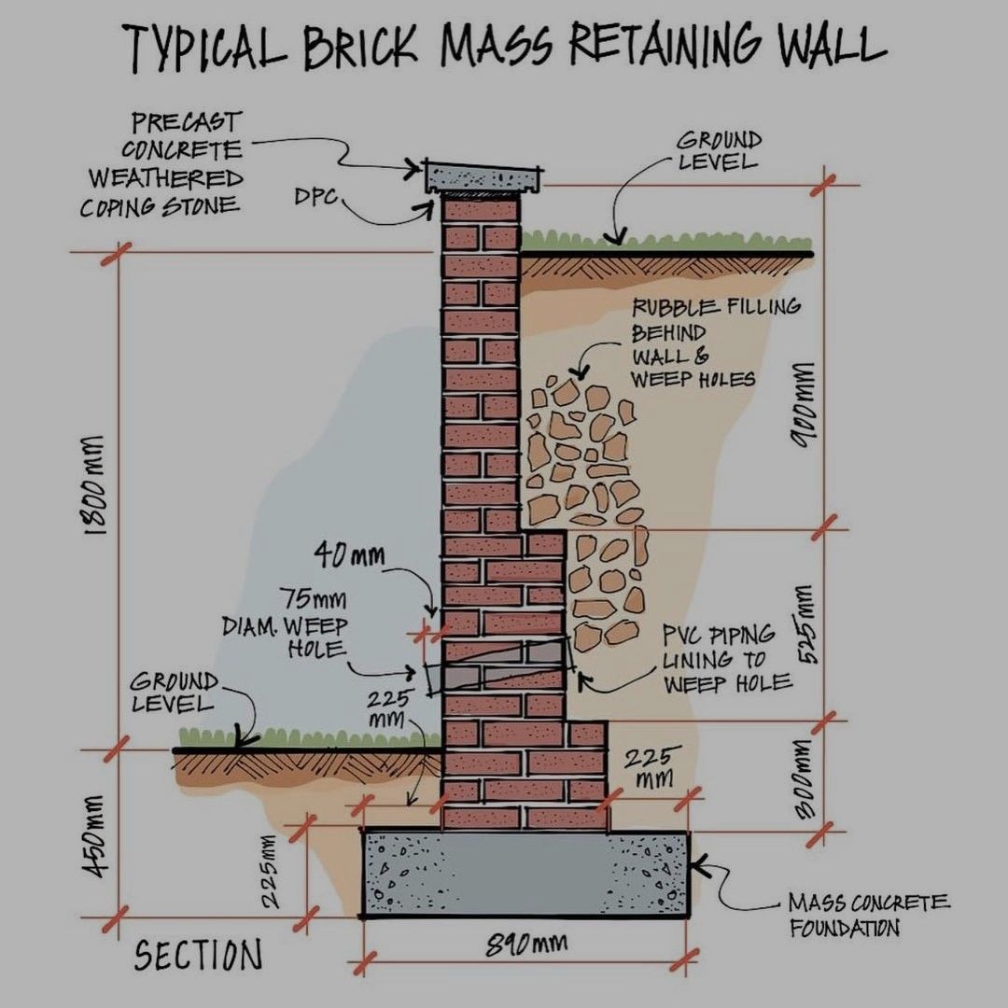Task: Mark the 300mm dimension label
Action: pos(805,780)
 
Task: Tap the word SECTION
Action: pos(198,955)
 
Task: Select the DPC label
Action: pos(315,198)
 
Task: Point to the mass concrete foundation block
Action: pos(526,873)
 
